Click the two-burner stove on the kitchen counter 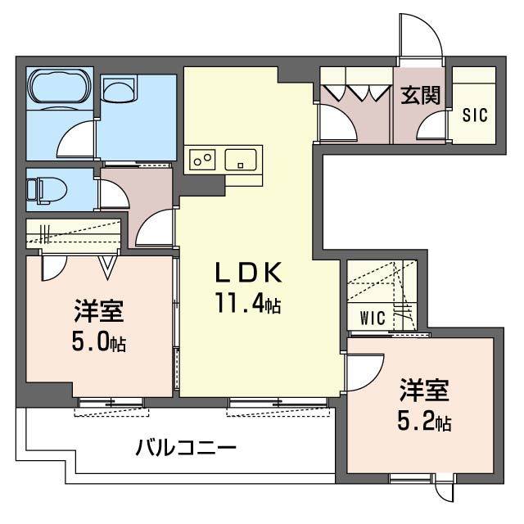point(202,160)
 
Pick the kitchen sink point(241,160)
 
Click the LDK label point(249,273)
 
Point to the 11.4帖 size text point(249,303)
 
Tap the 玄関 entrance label point(420,95)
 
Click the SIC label point(475,115)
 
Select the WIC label point(373,318)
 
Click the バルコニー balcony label point(186,448)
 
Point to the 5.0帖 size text point(99,341)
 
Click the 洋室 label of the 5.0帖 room point(99,311)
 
